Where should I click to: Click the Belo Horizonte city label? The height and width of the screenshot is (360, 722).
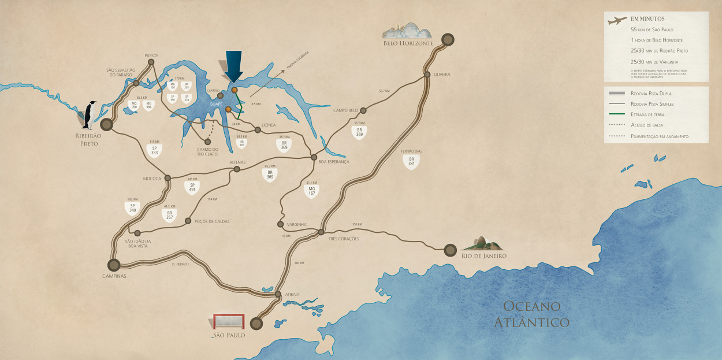point(408,43)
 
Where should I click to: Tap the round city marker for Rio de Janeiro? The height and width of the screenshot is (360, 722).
point(451,250)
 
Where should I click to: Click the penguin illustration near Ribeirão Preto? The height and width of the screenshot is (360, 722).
point(90,114)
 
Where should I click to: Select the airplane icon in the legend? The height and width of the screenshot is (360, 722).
point(617,21)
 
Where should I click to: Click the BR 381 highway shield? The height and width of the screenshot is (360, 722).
point(411,161)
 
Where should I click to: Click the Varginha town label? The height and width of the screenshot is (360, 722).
point(296,224)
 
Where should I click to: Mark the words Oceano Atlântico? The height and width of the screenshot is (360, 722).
point(531,314)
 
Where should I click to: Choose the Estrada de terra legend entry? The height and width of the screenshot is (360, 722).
point(646,115)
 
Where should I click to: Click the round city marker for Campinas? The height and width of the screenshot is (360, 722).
point(114,265)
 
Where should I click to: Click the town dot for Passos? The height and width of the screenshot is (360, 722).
point(151,62)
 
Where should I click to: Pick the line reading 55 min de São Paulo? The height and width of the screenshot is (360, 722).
point(652,29)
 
